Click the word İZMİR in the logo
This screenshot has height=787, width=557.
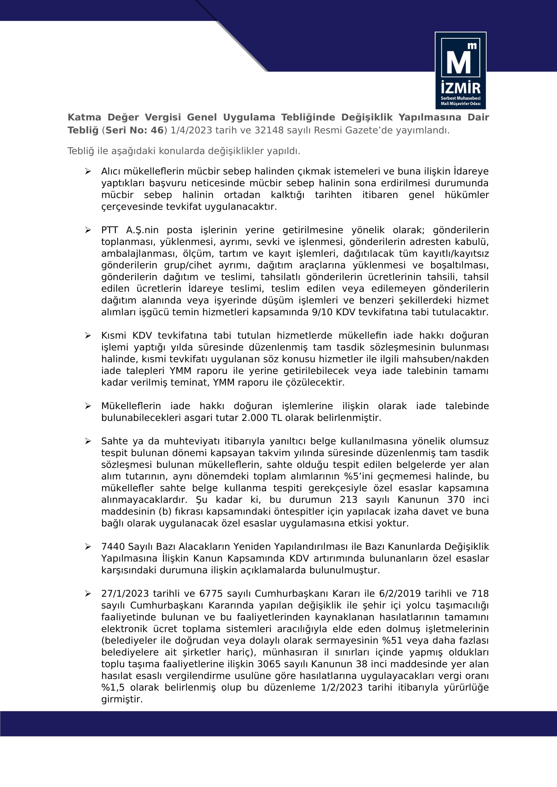click(460, 88)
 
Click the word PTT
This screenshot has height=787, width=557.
click(109, 230)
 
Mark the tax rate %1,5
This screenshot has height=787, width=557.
click(113, 687)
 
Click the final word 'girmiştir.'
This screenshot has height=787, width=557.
click(122, 699)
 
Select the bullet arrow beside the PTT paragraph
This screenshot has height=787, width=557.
click(88, 230)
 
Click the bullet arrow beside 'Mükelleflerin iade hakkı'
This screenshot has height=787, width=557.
click(88, 406)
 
